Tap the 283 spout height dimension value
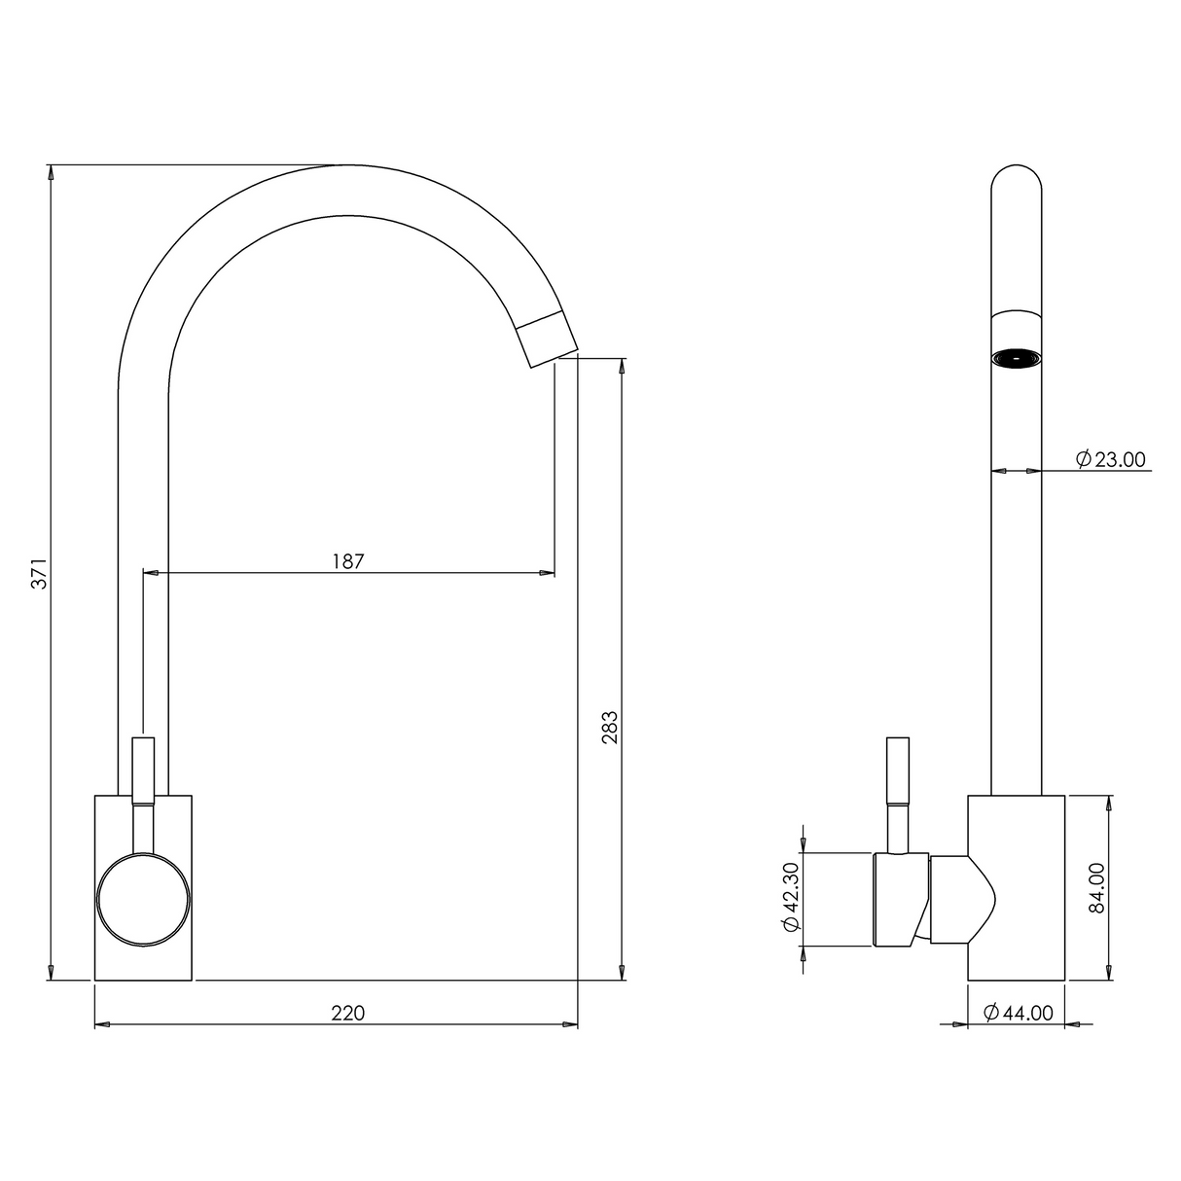[x=610, y=728]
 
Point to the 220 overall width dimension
[x=347, y=1013]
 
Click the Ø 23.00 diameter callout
[x=1110, y=459]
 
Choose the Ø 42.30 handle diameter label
[x=790, y=898]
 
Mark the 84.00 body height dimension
[x=1096, y=887]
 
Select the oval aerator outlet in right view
[x=1016, y=359]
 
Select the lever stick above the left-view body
[x=143, y=769]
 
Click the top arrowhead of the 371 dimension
[x=50, y=172]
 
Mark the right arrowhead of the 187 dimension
[x=548, y=573]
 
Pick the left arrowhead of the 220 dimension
[x=102, y=1024]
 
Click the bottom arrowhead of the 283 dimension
[x=622, y=972]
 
